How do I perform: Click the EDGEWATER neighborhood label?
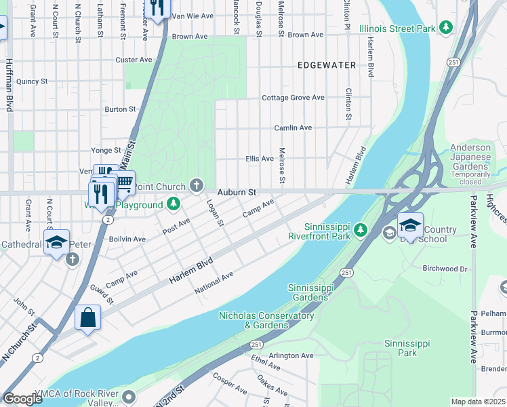click(327, 65)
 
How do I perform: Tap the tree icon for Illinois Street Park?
click(445, 28)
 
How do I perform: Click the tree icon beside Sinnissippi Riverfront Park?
click(360, 231)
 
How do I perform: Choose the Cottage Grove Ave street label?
click(293, 98)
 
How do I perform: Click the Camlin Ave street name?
click(293, 128)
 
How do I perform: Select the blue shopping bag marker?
click(88, 317)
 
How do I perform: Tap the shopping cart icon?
click(124, 182)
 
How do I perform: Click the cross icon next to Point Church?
click(197, 185)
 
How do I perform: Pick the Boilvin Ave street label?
click(127, 239)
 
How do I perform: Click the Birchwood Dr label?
click(445, 269)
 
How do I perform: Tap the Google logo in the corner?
click(22, 399)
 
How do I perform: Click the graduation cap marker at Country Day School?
click(410, 224)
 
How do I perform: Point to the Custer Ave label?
click(134, 60)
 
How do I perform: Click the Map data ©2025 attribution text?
click(478, 402)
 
